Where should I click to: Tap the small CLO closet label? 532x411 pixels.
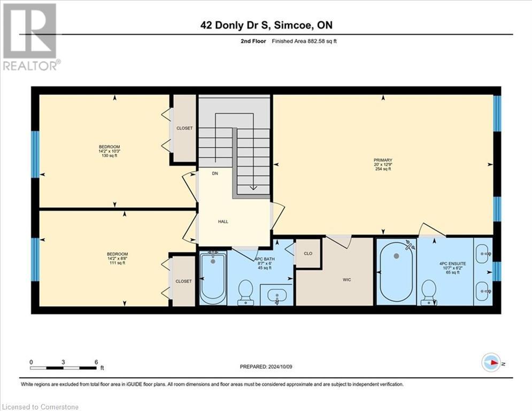(x=307, y=254)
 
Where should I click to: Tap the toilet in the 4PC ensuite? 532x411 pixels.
(x=429, y=293)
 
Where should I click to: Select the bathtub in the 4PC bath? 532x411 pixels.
(x=213, y=277)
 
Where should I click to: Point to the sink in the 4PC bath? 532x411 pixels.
(x=277, y=294)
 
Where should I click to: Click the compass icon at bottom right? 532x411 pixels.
(x=490, y=362)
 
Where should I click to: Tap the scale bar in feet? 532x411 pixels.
(x=64, y=368)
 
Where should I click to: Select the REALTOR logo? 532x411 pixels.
(x=30, y=37)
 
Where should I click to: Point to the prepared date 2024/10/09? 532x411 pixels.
(x=266, y=367)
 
